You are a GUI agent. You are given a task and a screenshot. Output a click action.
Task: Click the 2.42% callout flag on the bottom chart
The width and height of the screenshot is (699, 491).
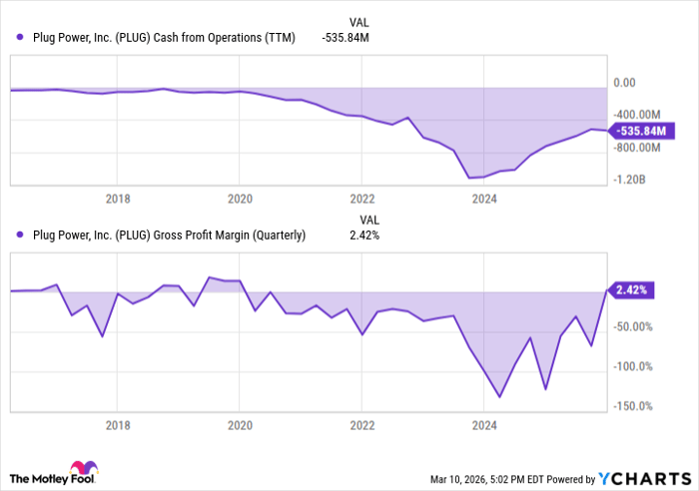(632, 290)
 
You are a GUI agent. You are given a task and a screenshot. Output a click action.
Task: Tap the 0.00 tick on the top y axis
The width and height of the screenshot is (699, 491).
(624, 84)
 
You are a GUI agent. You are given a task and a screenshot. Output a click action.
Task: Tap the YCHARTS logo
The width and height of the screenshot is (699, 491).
(643, 477)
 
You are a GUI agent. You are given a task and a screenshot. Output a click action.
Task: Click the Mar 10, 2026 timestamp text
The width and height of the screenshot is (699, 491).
(460, 477)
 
